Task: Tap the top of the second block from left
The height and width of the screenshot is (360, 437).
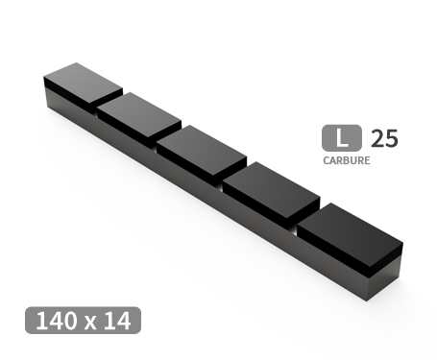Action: tap(138, 115)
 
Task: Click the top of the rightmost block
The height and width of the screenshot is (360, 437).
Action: tap(347, 229)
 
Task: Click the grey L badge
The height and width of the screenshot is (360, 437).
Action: tap(342, 137)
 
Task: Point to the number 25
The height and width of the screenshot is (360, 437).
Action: tap(383, 137)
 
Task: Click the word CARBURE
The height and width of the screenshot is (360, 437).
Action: tap(346, 160)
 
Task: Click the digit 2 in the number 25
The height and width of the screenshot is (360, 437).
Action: tap(376, 137)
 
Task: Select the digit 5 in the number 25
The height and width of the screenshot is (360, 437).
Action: tap(390, 137)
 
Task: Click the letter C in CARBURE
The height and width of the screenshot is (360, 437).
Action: tap(326, 160)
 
